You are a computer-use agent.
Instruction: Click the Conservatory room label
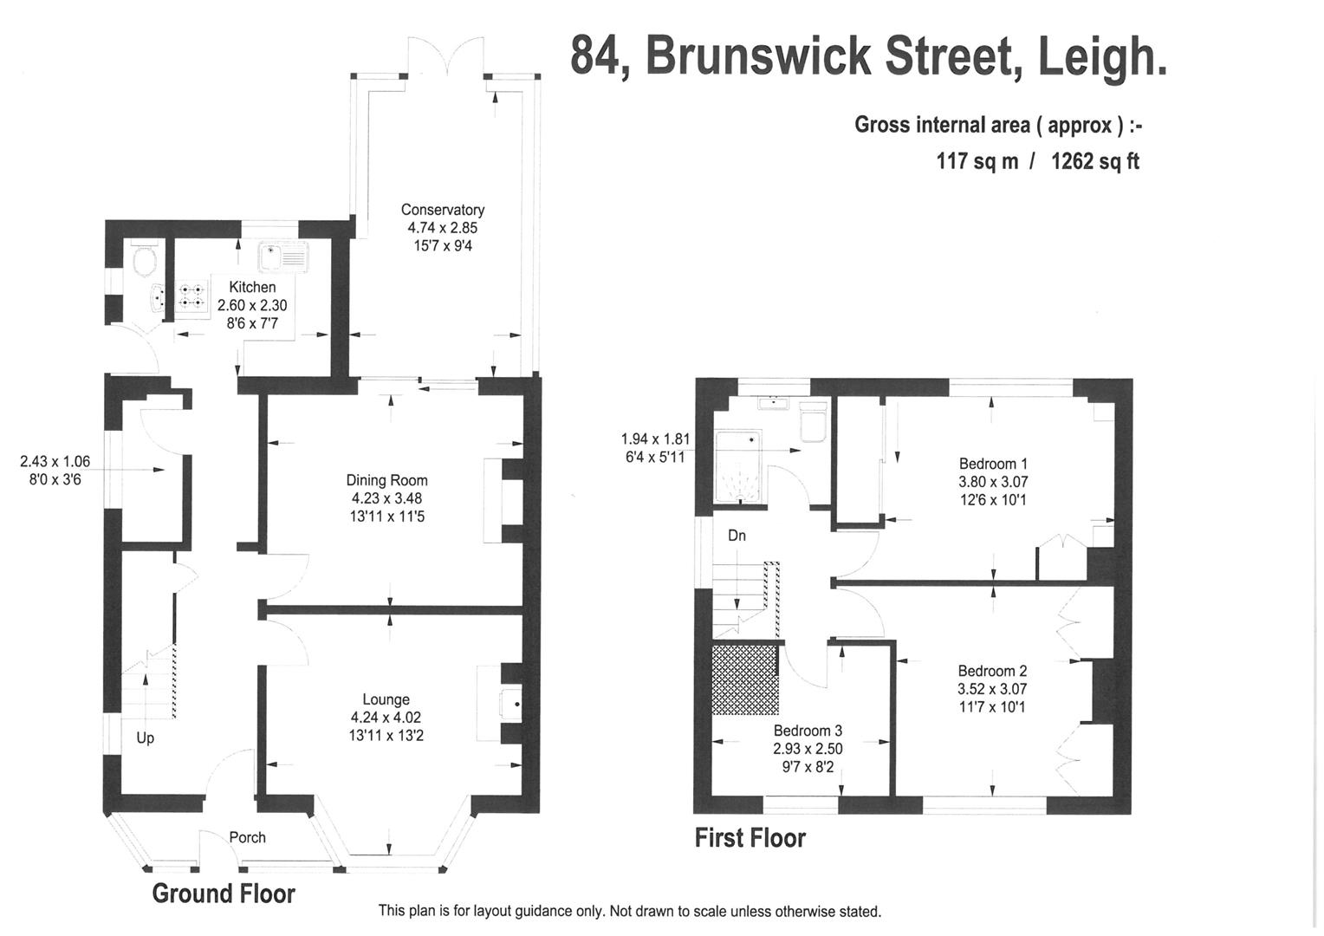(x=442, y=210)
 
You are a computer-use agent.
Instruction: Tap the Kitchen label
(x=252, y=287)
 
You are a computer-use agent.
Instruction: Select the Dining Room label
(x=386, y=480)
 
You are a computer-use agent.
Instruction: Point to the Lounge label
(x=386, y=699)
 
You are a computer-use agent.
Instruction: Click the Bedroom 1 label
(x=993, y=464)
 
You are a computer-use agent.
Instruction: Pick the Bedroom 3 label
(x=808, y=731)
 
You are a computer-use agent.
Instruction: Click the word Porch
(x=247, y=837)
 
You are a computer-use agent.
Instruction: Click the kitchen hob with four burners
(x=192, y=296)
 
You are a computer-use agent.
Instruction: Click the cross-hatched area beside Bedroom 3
(x=744, y=680)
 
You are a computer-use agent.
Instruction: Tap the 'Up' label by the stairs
(x=145, y=738)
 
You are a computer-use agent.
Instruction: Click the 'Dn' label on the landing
(x=737, y=536)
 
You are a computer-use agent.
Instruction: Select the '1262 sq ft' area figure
(x=1094, y=161)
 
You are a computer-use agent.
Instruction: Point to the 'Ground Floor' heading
(x=224, y=894)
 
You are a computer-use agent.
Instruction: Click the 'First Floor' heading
(x=750, y=838)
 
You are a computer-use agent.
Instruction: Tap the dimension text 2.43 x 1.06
(x=55, y=462)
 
